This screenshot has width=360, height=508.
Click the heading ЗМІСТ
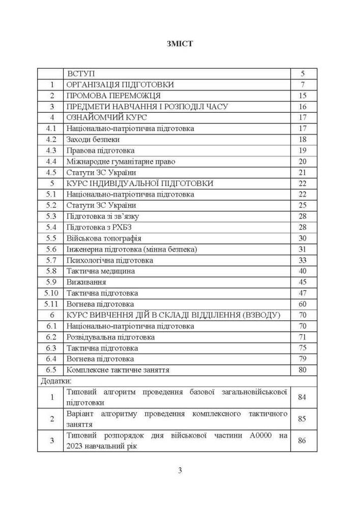(x=179, y=44)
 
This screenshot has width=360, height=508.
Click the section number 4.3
(x=50, y=150)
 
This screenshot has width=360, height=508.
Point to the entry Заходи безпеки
(x=93, y=139)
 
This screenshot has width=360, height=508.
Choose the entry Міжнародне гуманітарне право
(x=121, y=162)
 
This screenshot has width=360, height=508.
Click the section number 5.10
(x=51, y=293)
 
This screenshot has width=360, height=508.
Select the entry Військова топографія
(x=104, y=238)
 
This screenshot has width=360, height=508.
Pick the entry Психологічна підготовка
(x=109, y=260)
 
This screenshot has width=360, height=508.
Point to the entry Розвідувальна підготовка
(x=110, y=337)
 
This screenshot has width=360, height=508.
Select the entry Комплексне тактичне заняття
(x=117, y=370)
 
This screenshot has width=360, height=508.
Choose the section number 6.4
(x=50, y=359)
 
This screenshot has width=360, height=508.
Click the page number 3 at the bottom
(x=180, y=470)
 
